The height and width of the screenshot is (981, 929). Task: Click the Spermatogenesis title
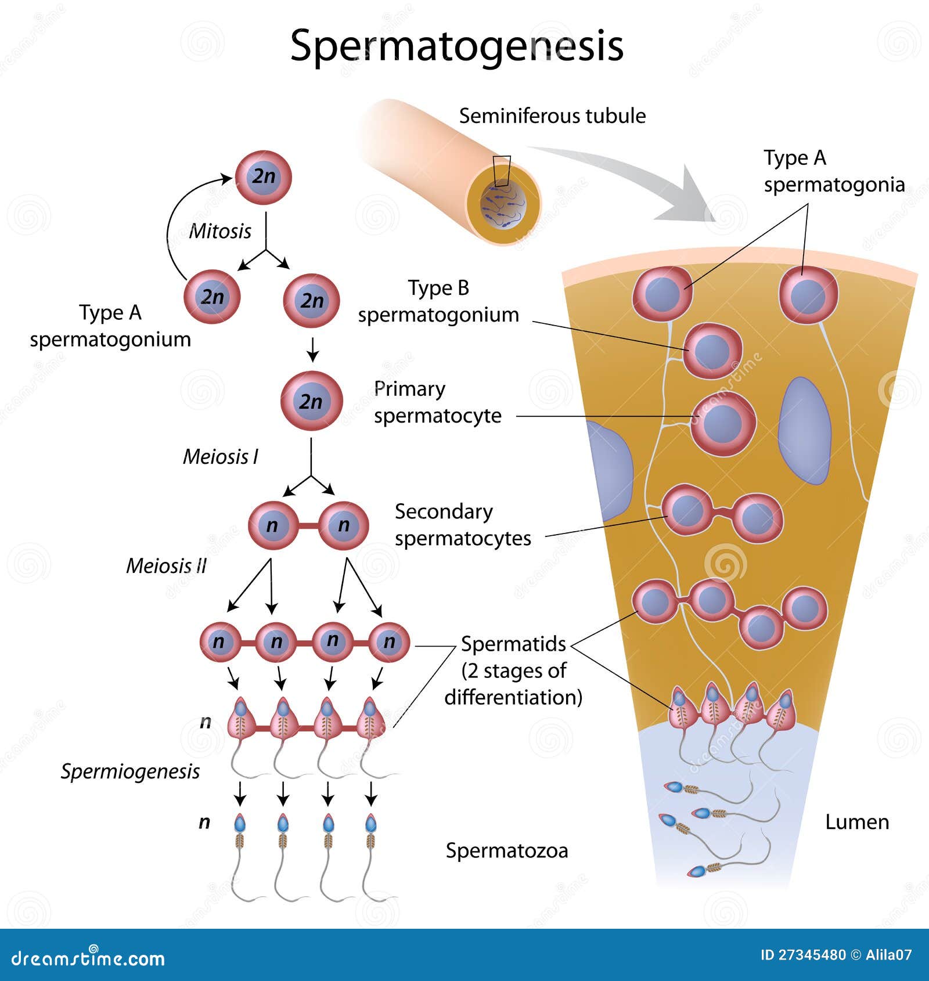pyautogui.click(x=456, y=45)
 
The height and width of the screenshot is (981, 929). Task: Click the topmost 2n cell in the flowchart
pyautogui.click(x=263, y=177)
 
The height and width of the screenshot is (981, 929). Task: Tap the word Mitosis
pyautogui.click(x=220, y=231)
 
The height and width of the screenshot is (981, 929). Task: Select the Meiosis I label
pyautogui.click(x=221, y=457)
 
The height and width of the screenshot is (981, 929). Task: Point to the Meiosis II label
pyautogui.click(x=167, y=565)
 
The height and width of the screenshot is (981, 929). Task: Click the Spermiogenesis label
pyautogui.click(x=130, y=771)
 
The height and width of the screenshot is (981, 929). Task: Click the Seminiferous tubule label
pyautogui.click(x=552, y=116)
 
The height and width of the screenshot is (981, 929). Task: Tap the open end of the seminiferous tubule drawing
pyautogui.click(x=503, y=203)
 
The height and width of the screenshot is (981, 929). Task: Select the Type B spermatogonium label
pyautogui.click(x=438, y=301)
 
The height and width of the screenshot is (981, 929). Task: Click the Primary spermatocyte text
pyautogui.click(x=437, y=402)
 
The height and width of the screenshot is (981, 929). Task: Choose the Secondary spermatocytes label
pyautogui.click(x=463, y=525)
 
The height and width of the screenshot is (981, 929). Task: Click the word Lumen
pyautogui.click(x=857, y=822)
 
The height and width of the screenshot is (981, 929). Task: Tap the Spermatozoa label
pyautogui.click(x=507, y=850)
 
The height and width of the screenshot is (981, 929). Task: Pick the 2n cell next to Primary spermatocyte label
pyautogui.click(x=311, y=401)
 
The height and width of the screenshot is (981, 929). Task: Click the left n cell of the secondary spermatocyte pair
pyautogui.click(x=272, y=525)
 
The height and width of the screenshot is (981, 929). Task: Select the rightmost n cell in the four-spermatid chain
pyautogui.click(x=389, y=642)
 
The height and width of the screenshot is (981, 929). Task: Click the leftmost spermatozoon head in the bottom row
pyautogui.click(x=240, y=823)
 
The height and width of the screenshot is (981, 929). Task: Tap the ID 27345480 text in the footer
pyautogui.click(x=802, y=955)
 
